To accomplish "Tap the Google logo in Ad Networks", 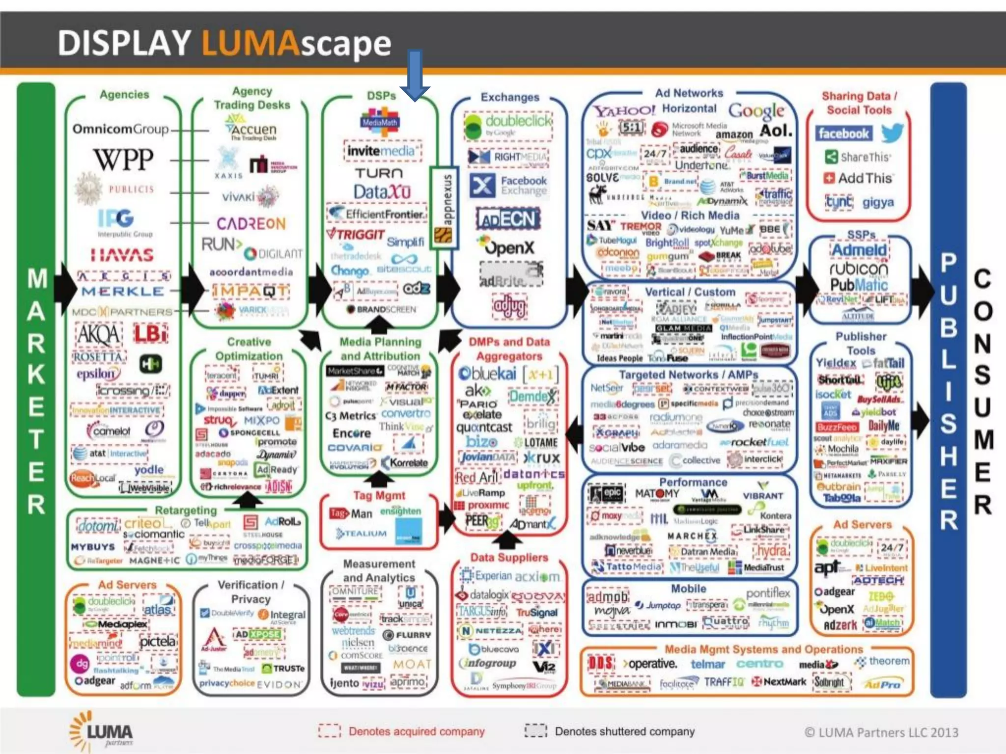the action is tap(756, 111).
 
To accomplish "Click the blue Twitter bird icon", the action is tap(892, 133).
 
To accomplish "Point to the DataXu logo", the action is tap(382, 191).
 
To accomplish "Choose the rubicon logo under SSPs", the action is tap(859, 268).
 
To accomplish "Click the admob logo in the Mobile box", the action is tap(608, 597).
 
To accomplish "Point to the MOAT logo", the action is tap(412, 664).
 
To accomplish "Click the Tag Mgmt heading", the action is tap(379, 495).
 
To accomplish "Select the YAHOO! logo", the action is tap(624, 111).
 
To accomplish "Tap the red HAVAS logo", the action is tap(122, 255).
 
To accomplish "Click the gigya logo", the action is tap(878, 202).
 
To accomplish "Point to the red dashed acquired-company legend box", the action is tap(329, 731).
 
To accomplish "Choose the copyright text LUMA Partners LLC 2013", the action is tap(881, 732).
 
